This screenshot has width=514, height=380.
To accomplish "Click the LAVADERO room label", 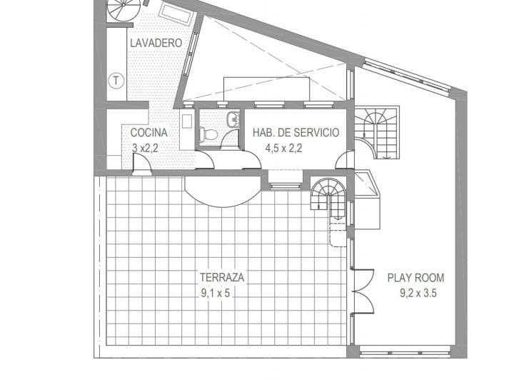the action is (156, 43).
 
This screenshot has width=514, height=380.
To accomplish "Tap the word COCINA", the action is (148, 132).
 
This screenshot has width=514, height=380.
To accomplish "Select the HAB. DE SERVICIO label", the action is (296, 132).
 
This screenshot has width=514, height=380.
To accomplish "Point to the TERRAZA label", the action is (222, 277).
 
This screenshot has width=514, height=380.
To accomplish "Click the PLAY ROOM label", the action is (415, 278).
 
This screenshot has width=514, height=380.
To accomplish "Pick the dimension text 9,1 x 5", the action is (216, 293).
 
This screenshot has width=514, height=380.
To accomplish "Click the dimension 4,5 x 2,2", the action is (283, 148).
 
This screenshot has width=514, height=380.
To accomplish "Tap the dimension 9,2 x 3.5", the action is (418, 293).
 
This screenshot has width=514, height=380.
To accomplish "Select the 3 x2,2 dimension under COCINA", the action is (145, 148).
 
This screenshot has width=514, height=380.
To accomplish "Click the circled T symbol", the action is (116, 80).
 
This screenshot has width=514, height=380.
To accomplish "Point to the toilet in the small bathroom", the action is (208, 134).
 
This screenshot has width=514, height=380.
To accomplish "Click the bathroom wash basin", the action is (233, 119).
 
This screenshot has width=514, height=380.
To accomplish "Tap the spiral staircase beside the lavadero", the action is (124, 10).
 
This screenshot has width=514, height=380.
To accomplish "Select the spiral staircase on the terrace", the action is (328, 195).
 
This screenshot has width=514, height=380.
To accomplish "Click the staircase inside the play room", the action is (377, 132).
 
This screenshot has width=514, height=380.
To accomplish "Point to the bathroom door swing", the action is (229, 138).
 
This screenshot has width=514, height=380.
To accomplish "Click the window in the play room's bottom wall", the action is (405, 353).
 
